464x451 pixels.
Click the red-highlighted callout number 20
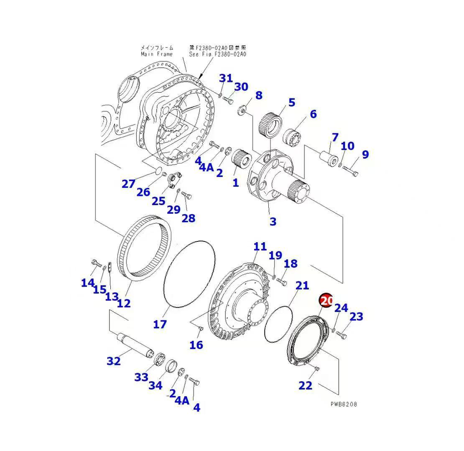[326, 300]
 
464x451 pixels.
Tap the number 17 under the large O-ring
[160, 324]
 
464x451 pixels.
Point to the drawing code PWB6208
[344, 404]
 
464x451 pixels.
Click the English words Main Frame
[156, 54]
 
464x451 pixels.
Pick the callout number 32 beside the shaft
[113, 361]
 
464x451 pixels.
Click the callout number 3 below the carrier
[273, 221]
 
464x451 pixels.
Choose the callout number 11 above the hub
[260, 246]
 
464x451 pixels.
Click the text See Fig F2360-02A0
[217, 54]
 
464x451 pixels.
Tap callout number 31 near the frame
[226, 78]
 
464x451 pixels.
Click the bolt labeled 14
[95, 264]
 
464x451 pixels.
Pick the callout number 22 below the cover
[305, 385]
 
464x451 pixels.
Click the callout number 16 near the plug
[196, 345]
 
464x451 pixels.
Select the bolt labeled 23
[342, 334]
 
